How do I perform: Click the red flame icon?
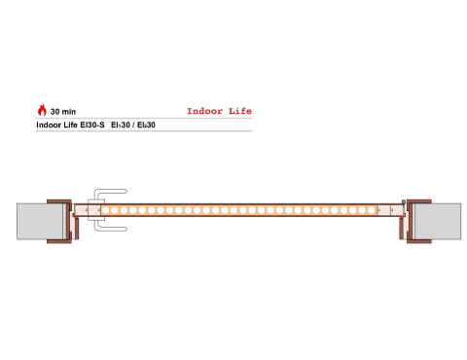tap(42, 110)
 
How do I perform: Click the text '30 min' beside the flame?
tap(63, 112)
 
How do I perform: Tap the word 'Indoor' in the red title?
tap(205, 111)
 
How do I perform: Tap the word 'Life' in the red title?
tap(240, 111)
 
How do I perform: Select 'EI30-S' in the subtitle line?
tap(92, 125)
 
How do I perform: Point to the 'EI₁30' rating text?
tap(121, 125)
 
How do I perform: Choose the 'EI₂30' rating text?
tap(146, 125)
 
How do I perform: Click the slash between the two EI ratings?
tap(133, 125)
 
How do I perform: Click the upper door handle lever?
tap(110, 193)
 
